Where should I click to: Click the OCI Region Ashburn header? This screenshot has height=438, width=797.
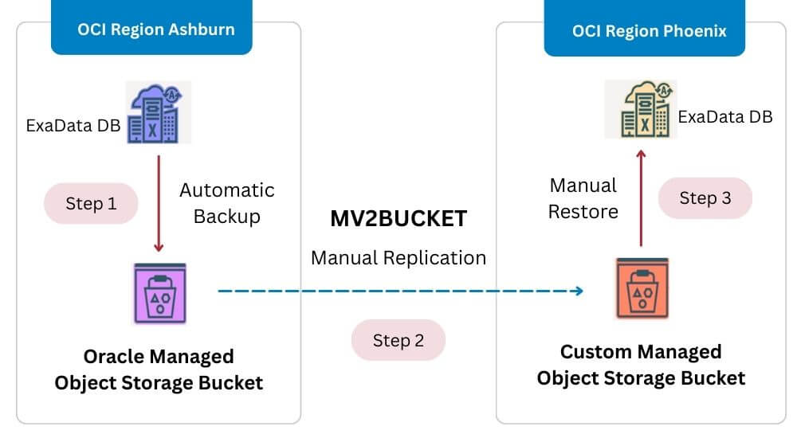tap(151, 27)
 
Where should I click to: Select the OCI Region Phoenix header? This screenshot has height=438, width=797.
tap(645, 28)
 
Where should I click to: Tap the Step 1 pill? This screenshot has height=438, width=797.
tap(91, 204)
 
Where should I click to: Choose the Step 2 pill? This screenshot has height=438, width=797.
tap(398, 340)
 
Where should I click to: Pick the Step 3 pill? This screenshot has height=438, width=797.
tap(705, 198)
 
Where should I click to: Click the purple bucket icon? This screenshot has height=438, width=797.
tap(160, 293)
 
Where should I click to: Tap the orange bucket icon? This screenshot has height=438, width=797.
tap(642, 288)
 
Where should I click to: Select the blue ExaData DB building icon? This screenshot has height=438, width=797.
tap(158, 112)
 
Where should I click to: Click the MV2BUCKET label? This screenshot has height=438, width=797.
tap(398, 218)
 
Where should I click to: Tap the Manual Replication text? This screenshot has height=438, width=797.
tap(398, 257)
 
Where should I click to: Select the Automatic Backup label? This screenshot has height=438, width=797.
tap(226, 203)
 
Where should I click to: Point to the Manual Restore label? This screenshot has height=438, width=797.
tap(583, 198)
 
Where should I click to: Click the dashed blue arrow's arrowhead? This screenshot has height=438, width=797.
tap(578, 291)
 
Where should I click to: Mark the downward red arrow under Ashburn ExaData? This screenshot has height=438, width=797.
tap(159, 204)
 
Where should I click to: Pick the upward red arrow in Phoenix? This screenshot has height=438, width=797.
tap(641, 198)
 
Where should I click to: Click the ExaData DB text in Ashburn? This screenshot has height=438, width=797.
tap(73, 126)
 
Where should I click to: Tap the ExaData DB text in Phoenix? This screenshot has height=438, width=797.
tap(725, 117)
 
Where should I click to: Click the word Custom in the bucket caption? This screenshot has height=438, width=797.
tap(595, 352)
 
